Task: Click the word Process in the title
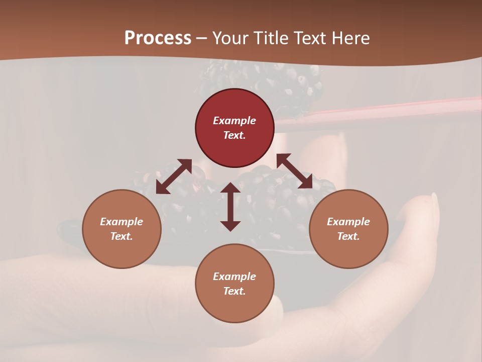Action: [158, 38]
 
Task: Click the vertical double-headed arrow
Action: [230, 207]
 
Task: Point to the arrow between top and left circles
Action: [174, 176]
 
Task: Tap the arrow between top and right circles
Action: [295, 171]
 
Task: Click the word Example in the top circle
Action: [234, 121]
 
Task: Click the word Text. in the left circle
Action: [122, 236]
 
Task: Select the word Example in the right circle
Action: [348, 222]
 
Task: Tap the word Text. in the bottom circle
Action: [234, 291]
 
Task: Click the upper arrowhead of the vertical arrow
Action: [230, 188]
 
